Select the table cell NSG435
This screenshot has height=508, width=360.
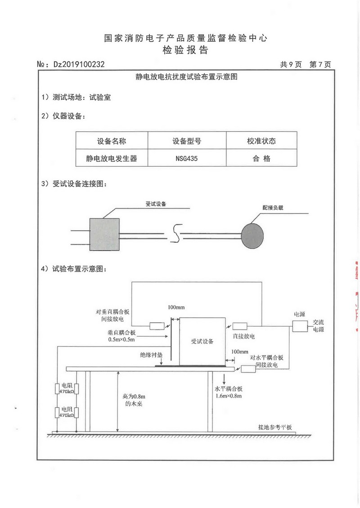coord(187,158)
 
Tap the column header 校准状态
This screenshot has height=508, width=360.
coord(261,141)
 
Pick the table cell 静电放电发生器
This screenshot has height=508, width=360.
coord(111,158)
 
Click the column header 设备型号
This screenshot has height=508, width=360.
coord(187,141)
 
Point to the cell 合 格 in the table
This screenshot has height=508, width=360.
coord(261,158)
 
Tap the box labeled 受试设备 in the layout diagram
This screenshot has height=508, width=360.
coord(202,341)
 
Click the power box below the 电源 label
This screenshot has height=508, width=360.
coord(298,326)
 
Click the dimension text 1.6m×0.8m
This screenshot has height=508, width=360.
coord(229,396)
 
